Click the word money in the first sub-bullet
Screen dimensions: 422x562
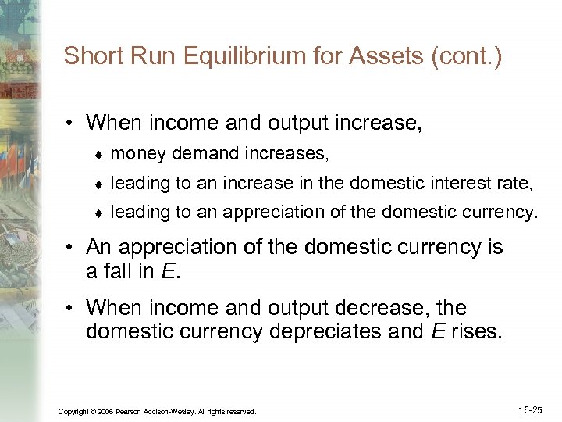point(137,155)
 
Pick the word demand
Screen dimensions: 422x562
point(197,155)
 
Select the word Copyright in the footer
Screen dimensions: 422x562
point(76,411)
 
